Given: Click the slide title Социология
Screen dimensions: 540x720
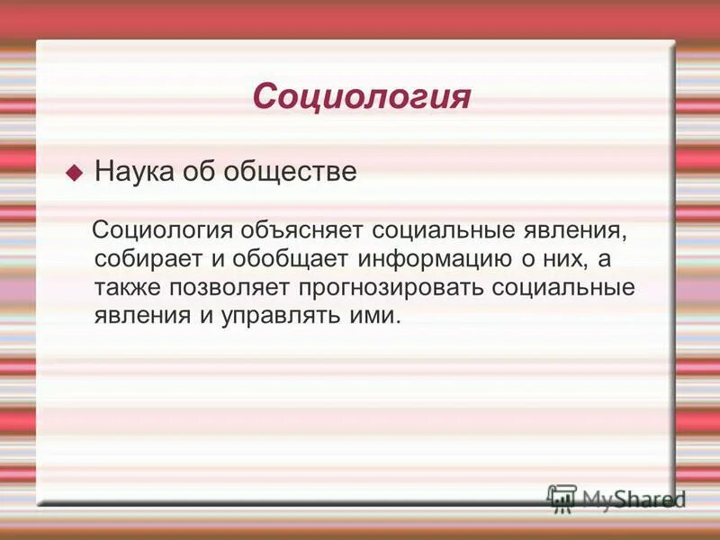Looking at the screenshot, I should [x=361, y=96].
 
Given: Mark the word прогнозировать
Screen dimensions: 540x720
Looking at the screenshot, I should [x=400, y=288].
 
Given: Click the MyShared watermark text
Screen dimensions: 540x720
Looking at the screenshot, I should [x=634, y=499].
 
